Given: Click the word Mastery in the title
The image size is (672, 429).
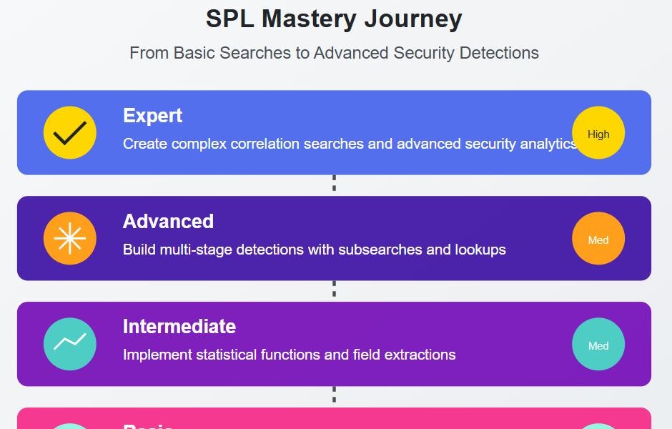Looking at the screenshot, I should (x=317, y=19).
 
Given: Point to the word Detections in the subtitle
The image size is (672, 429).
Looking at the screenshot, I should (x=498, y=53).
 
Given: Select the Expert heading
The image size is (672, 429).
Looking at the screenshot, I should (x=152, y=116).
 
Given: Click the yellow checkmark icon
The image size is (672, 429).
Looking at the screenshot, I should (x=70, y=133).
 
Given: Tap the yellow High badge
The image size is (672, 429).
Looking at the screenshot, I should (x=598, y=133).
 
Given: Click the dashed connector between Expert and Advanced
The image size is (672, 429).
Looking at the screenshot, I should (x=334, y=184).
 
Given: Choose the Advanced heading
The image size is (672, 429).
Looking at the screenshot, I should (x=168, y=222).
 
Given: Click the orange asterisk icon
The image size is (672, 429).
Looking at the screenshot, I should (x=70, y=239).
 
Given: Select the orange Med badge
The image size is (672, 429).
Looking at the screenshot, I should (x=598, y=239).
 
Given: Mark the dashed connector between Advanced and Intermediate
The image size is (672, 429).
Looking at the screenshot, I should (x=334, y=290).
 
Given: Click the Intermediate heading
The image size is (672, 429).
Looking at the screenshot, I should (x=179, y=327).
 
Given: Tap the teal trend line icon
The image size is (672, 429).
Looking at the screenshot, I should (x=70, y=344).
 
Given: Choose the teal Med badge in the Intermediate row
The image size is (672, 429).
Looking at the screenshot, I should (x=598, y=345).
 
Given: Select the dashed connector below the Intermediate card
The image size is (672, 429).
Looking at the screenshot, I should (x=334, y=395).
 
